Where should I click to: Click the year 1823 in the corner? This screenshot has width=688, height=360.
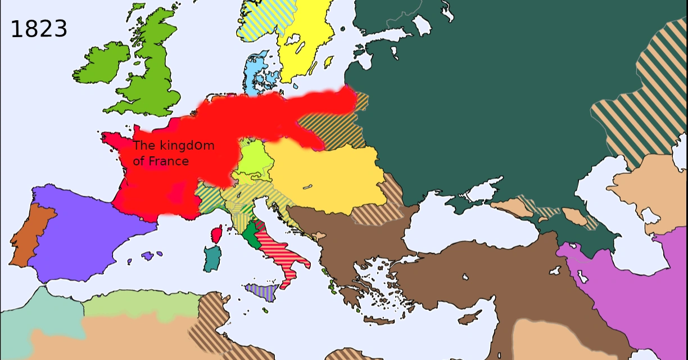pos(39,29)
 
